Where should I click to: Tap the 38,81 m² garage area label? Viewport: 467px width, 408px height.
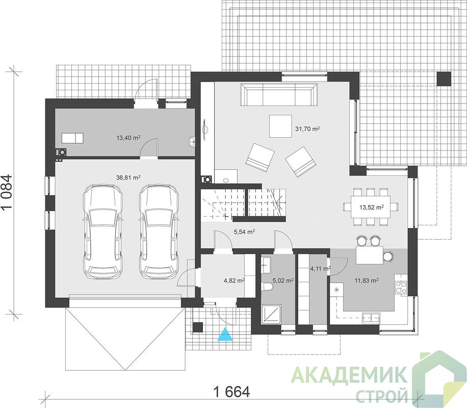click(x=128, y=177)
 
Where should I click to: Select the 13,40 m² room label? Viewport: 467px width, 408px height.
click(x=128, y=138)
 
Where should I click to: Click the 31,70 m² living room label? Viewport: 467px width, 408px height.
click(x=307, y=129)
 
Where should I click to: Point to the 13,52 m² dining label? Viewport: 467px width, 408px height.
click(x=371, y=208)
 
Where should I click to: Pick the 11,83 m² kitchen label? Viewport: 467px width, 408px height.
click(x=367, y=280)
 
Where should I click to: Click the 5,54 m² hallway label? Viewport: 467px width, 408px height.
click(x=244, y=232)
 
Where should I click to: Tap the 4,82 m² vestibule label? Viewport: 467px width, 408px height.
click(x=234, y=280)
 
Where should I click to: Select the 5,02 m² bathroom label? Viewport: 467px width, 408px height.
click(x=283, y=280)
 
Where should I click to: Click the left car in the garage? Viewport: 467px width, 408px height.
click(x=103, y=232)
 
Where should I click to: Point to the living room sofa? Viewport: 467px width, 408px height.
click(x=279, y=94)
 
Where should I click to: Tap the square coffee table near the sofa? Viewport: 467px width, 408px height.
click(x=280, y=126)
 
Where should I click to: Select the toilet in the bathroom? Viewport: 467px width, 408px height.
click(x=268, y=287)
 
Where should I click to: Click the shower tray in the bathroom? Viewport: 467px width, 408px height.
click(x=271, y=314)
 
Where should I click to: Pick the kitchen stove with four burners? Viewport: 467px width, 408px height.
click(x=401, y=287)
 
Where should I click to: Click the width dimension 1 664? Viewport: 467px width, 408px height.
click(x=231, y=391)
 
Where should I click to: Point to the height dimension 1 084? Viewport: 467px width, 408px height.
click(x=7, y=192)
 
